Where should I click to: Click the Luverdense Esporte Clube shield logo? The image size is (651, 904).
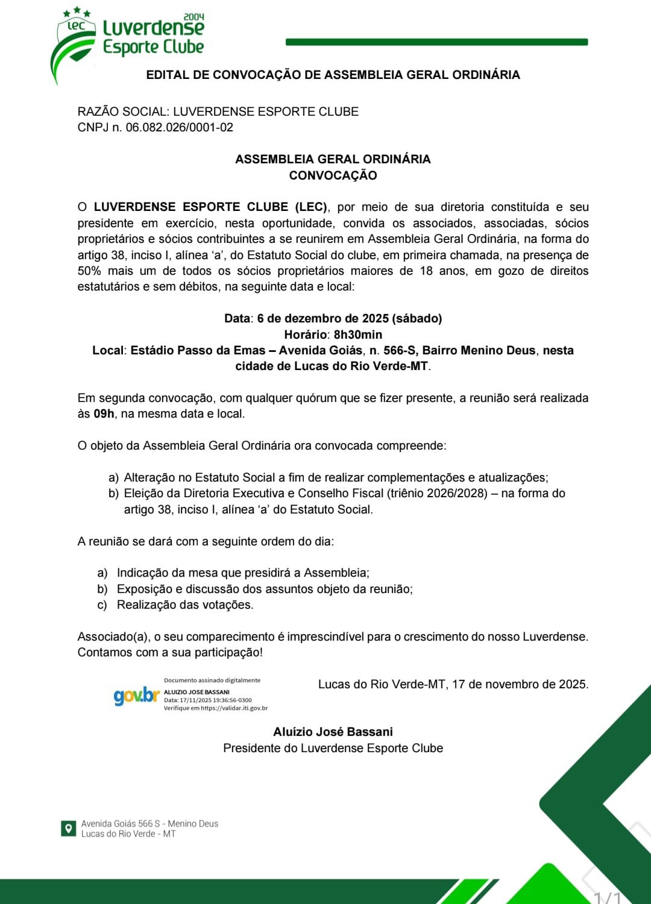tap(74, 45)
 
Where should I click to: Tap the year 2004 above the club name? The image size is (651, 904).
tap(193, 16)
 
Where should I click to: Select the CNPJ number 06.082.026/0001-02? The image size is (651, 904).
tap(179, 127)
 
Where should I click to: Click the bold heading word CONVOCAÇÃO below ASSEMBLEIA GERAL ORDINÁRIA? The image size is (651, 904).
tap(333, 175)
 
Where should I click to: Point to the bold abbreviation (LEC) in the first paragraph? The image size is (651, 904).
tap(311, 207)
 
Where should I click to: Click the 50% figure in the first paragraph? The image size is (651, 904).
tap(89, 271)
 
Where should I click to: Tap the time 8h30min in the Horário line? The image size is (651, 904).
tap(358, 334)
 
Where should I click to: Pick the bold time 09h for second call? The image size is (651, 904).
tap(104, 414)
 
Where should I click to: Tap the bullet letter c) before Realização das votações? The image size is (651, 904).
tap(102, 605)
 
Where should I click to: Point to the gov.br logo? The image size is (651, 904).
tap(136, 696)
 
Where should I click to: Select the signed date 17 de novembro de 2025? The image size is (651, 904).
tap(520, 684)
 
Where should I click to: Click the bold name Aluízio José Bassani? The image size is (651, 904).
tap(333, 732)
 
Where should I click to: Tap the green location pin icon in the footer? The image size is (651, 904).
tap(69, 828)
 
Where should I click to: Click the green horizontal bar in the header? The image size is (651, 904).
tap(436, 42)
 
